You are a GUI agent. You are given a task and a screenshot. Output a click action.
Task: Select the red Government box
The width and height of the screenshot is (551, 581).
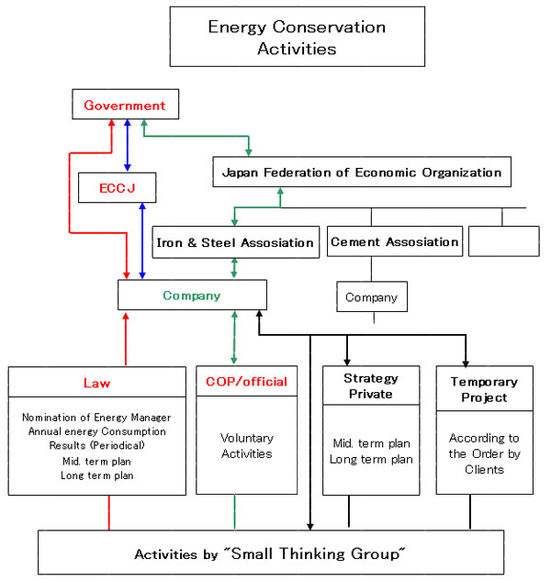click(124, 106)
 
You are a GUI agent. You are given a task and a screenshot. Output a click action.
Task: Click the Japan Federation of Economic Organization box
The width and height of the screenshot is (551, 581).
click(361, 172)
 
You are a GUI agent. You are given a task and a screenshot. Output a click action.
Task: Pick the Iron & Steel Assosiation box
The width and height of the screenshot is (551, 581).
click(235, 242)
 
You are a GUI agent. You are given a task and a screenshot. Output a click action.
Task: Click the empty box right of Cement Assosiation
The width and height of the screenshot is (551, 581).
click(503, 241)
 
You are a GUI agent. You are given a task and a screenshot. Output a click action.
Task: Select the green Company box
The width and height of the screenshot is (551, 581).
click(192, 296)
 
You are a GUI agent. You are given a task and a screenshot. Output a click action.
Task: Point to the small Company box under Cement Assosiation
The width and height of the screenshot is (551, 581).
click(372, 297)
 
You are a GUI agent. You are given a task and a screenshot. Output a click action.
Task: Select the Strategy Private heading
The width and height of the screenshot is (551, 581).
click(371, 386)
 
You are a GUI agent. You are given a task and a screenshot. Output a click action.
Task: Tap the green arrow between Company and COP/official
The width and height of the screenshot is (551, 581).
click(235, 339)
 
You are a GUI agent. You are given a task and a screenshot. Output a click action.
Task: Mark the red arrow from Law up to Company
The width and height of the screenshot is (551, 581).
click(126, 339)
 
